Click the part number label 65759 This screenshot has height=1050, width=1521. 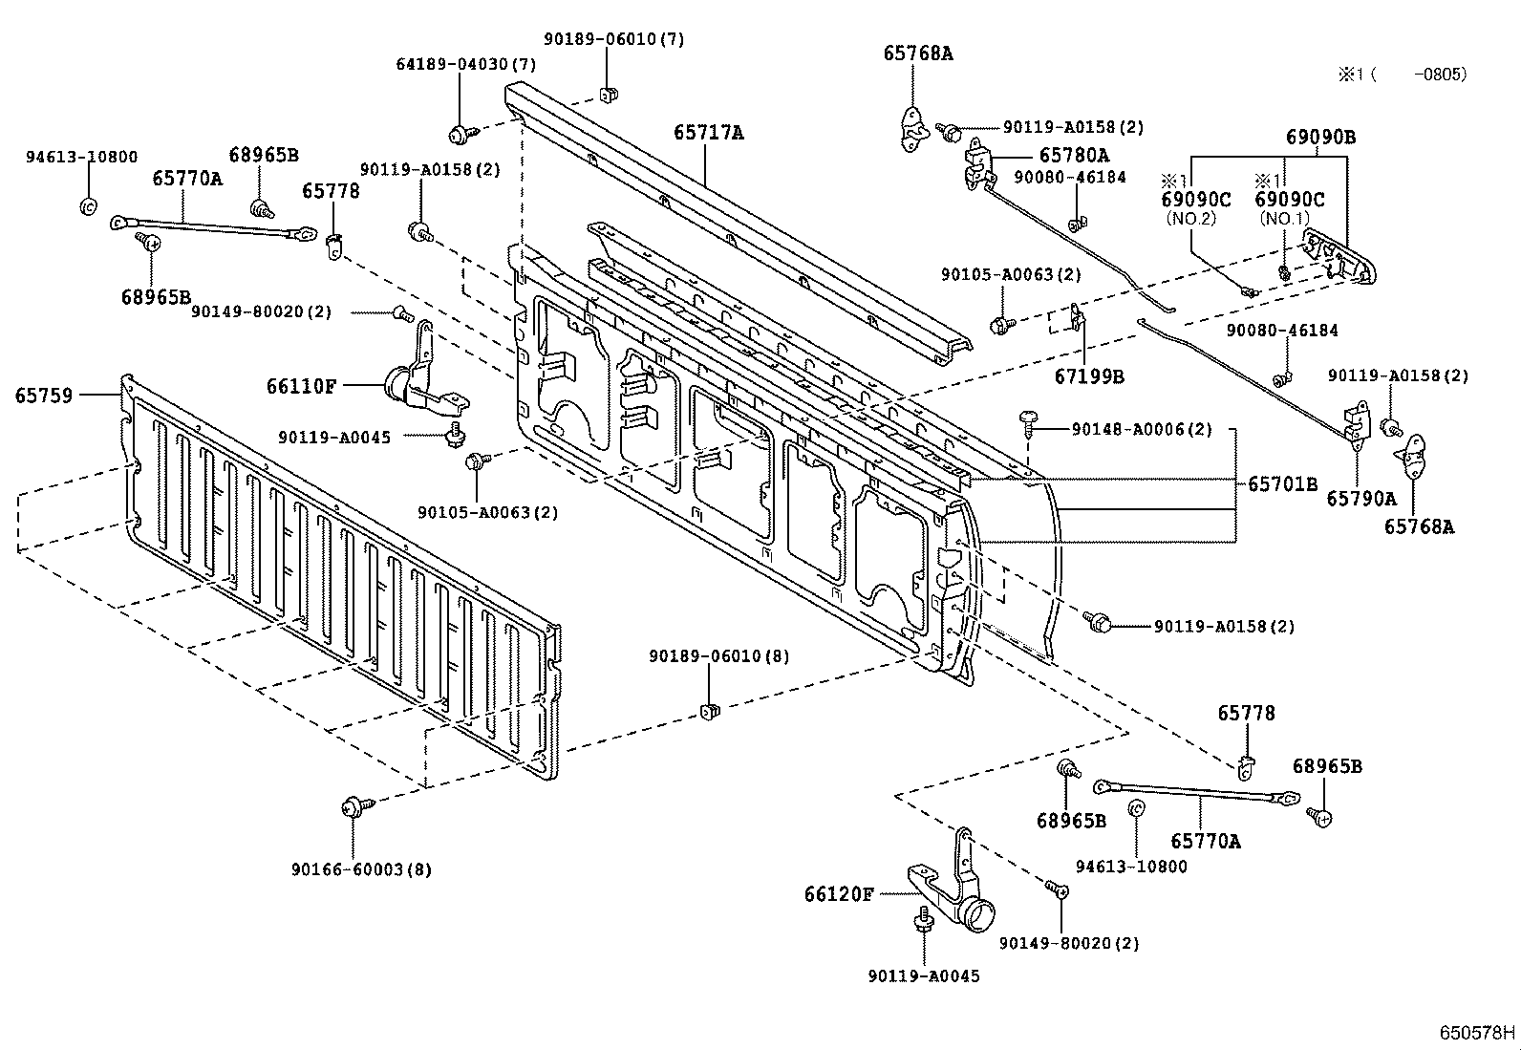point(43,395)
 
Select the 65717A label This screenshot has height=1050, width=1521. point(708,133)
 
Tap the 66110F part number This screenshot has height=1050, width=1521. point(301,386)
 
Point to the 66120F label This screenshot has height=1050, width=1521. point(839,894)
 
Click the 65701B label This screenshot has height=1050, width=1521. point(1282,484)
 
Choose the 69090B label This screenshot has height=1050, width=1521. point(1320,137)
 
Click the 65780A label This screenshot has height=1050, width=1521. point(1074,155)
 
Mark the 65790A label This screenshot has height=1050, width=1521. point(1360,499)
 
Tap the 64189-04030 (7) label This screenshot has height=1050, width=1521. point(465,64)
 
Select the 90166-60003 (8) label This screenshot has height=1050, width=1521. point(361,869)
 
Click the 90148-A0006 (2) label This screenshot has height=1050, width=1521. point(1141,430)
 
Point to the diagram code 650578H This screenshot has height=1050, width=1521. point(1478,1033)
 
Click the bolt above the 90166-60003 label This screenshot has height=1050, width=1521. point(352,808)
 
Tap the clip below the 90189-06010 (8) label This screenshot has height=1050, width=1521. point(710,709)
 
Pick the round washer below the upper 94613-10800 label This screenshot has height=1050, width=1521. point(86,205)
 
